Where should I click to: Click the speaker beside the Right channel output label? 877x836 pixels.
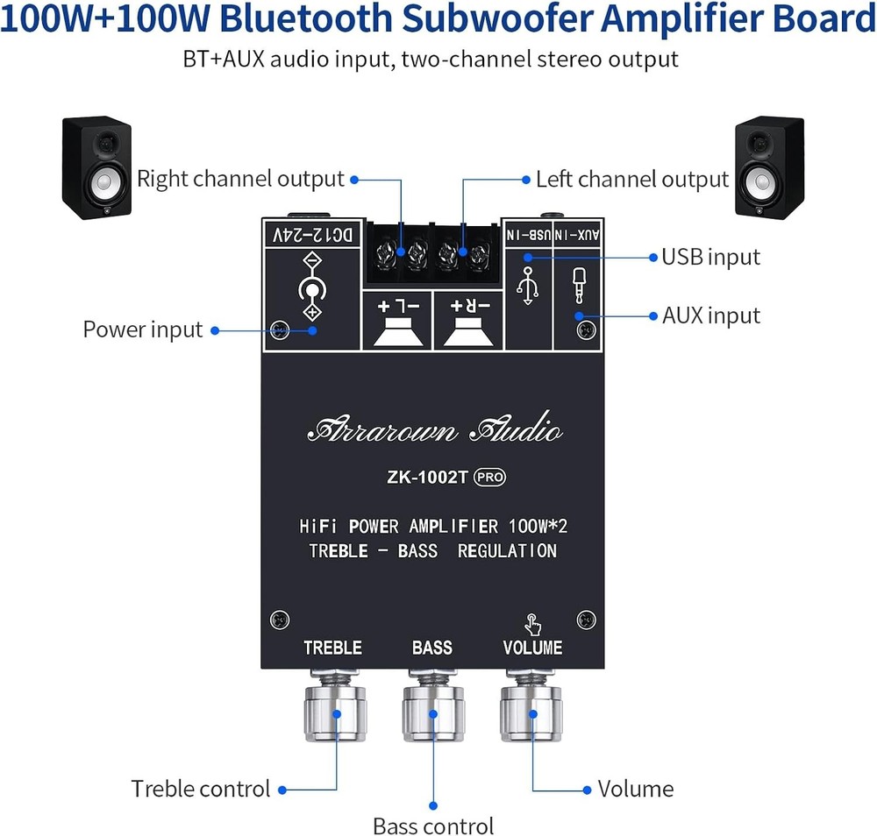96,168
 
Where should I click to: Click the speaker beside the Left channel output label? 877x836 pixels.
768,166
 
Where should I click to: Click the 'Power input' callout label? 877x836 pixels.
143,330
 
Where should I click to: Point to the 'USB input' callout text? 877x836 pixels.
710,257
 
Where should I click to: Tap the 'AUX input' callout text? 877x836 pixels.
710,315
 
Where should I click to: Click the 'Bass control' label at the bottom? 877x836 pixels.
433,825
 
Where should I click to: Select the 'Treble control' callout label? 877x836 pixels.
201,789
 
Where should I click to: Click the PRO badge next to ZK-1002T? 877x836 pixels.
490,478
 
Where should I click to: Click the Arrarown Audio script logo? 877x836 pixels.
435,430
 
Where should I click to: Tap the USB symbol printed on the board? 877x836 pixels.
527,285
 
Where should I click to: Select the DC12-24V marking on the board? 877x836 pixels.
313,234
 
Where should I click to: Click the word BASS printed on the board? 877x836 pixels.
432,648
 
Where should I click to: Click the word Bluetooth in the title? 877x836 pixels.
351,19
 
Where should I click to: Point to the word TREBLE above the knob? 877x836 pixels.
332,648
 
